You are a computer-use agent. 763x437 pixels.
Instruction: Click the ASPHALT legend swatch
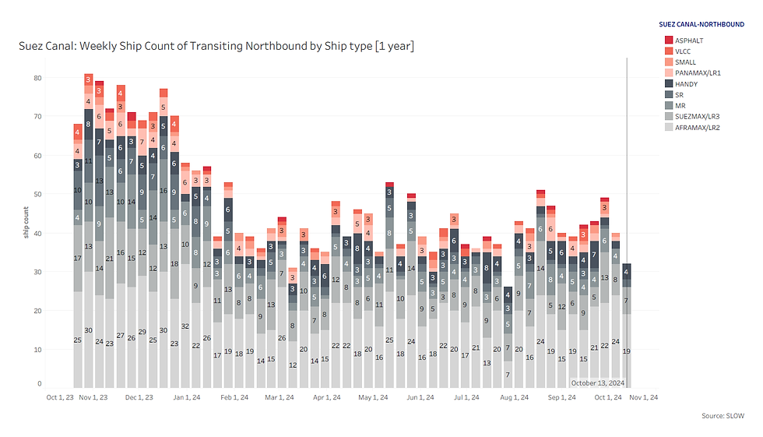[669, 40]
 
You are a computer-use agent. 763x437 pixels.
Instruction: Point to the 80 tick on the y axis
[37, 78]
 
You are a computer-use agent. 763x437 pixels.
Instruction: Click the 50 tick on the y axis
[37, 194]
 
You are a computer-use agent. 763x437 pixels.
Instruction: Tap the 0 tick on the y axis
[40, 384]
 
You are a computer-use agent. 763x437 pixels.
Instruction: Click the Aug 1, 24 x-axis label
[515, 397]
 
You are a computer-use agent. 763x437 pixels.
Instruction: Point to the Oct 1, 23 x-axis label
[60, 397]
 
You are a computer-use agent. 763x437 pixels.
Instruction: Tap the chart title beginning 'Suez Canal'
[216, 47]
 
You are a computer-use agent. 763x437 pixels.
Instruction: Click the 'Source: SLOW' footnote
[723, 416]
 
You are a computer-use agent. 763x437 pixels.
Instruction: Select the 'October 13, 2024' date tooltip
[597, 382]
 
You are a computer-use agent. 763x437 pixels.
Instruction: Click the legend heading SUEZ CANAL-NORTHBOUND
[701, 24]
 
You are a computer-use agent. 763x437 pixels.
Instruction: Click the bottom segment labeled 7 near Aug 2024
[507, 375]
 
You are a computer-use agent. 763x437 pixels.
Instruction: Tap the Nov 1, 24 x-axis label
[644, 397]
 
